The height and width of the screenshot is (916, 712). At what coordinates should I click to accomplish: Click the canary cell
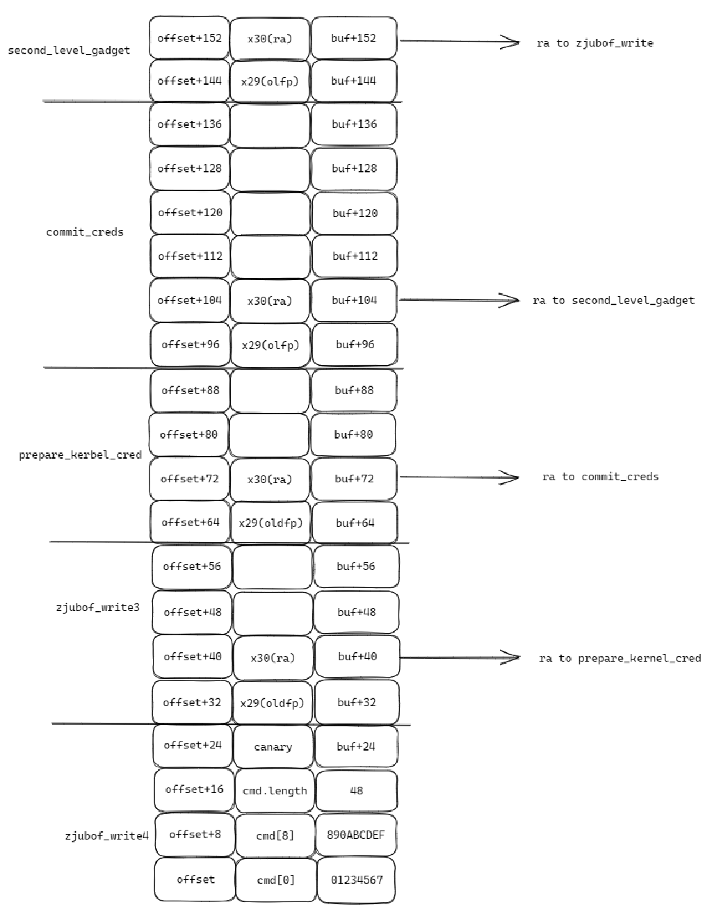[x=273, y=746]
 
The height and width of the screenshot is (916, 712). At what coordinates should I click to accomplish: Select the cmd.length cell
[x=275, y=791]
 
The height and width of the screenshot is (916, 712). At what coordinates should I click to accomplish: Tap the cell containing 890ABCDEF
[x=356, y=835]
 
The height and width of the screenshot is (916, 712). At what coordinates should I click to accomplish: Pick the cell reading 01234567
[x=356, y=880]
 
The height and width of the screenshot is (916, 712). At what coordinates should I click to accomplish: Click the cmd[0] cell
[x=275, y=880]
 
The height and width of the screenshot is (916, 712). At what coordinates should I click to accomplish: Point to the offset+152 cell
[x=189, y=38]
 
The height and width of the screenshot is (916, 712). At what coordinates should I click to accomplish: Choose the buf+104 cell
[x=354, y=300]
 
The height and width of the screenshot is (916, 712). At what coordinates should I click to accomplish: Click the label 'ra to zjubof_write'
[x=594, y=43]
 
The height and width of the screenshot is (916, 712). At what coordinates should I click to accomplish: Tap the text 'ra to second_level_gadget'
[x=613, y=300]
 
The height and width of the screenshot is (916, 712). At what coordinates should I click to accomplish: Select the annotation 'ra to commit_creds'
[x=600, y=477]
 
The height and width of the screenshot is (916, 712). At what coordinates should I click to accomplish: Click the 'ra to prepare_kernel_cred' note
[x=620, y=658]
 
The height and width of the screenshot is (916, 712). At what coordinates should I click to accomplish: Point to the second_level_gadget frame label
[x=69, y=50]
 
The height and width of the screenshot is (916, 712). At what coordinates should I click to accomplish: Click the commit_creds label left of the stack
[x=85, y=232]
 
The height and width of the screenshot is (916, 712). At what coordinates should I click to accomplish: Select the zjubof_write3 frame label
[x=97, y=607]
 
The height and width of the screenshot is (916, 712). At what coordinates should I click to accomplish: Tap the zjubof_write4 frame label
[x=106, y=835]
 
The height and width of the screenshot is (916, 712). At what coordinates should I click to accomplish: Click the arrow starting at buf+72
[x=459, y=477]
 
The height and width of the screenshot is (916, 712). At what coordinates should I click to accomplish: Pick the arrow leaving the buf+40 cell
[x=459, y=657]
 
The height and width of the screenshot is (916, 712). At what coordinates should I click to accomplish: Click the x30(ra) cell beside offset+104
[x=270, y=301]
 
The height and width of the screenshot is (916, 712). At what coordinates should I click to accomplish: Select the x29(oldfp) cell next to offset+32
[x=273, y=703]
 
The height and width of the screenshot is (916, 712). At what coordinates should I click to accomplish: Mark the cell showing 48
[x=356, y=791]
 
